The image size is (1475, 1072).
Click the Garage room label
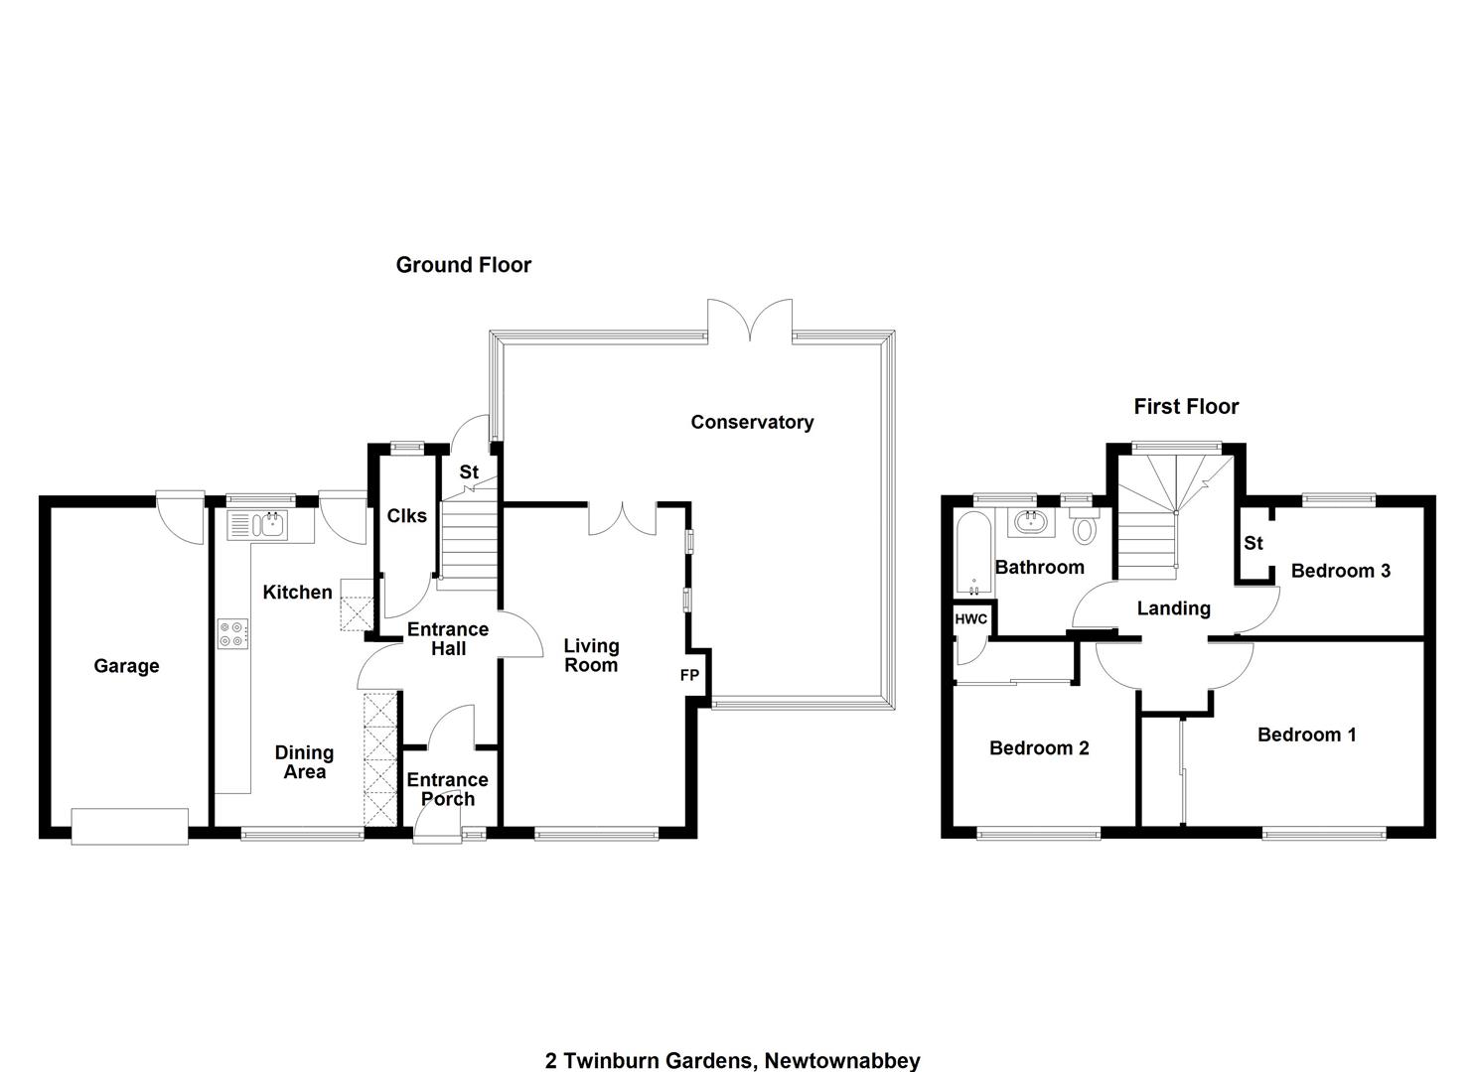point(126,666)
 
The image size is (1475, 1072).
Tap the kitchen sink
point(257,524)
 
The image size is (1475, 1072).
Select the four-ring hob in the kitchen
point(233,633)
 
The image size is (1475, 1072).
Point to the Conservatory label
point(752,422)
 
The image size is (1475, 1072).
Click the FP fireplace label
point(689,675)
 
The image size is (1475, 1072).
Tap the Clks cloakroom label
point(407,516)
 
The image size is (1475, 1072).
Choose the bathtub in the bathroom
point(973,553)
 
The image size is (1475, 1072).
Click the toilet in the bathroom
point(1085,526)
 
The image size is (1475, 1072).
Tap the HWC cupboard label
point(971,619)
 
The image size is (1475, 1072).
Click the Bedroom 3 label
point(1341,571)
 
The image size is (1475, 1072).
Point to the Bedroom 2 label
point(1039,747)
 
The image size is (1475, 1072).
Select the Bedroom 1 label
point(1307,735)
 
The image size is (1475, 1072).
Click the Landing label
point(1173,608)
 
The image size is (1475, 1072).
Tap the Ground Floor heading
point(464,265)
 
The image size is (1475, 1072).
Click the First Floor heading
point(1186,406)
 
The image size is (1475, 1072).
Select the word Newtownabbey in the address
point(842,1061)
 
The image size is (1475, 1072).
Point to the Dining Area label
point(304,762)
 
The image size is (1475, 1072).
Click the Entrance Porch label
point(448,789)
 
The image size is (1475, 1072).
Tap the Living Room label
point(591,655)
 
